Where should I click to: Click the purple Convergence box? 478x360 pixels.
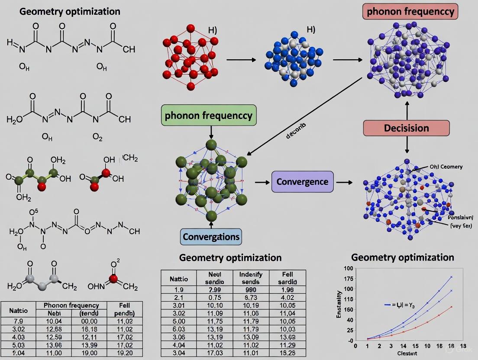pos(302,182)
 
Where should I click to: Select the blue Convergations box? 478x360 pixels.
pos(211,237)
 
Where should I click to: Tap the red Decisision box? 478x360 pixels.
pos(407,128)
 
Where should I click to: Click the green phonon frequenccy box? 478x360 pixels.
pos(208,116)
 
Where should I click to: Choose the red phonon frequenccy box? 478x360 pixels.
pos(410,12)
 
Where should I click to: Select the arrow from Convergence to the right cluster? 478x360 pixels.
pos(345,182)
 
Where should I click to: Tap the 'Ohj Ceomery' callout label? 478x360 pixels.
pos(446,167)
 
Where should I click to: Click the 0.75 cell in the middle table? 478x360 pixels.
pos(215,297)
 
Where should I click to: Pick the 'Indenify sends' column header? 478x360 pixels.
pos(251,278)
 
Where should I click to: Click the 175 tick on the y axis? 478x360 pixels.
pos(348,278)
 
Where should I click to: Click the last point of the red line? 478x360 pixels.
pos(452,307)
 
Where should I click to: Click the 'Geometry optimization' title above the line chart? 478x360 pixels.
pos(402,257)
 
